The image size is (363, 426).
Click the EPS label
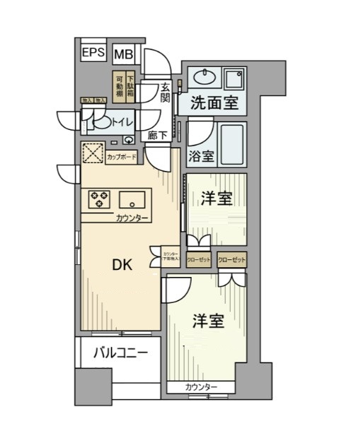(93, 52)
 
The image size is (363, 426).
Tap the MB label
(123, 54)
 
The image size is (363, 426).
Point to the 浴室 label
(200, 157)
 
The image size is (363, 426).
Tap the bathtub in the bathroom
(231, 144)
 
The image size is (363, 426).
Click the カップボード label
(123, 157)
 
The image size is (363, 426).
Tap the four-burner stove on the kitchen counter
(99, 199)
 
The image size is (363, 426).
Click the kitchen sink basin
(132, 199)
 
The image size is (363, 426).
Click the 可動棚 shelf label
(119, 84)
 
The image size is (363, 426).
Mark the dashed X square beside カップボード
(93, 153)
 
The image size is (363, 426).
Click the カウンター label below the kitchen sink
(132, 218)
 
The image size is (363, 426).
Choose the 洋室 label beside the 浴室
(216, 199)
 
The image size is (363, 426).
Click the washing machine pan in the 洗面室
(234, 77)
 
